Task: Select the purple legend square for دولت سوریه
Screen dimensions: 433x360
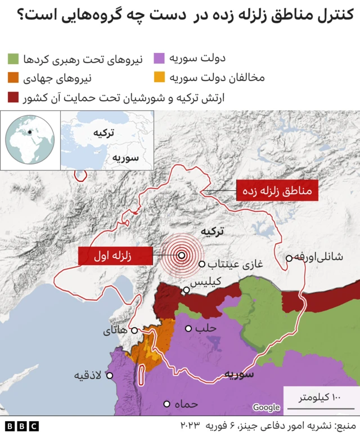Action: pyautogui.click(x=160, y=58)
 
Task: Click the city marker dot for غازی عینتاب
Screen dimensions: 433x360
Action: pyautogui.click(x=202, y=264)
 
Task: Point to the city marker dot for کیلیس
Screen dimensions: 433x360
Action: pyautogui.click(x=186, y=290)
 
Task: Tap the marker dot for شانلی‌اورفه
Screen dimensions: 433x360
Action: pyautogui.click(x=289, y=258)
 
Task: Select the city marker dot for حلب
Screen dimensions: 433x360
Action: pyautogui.click(x=189, y=328)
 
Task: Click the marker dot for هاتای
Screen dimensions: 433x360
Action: pyautogui.click(x=134, y=331)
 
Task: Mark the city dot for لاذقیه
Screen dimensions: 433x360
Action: pyautogui.click(x=110, y=376)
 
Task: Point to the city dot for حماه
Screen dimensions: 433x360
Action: pyautogui.click(x=167, y=404)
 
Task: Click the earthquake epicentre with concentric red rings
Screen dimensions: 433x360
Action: pyautogui.click(x=182, y=255)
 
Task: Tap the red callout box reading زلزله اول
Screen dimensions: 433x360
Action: pyautogui.click(x=115, y=256)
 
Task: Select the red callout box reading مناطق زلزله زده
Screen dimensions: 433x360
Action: pyautogui.click(x=277, y=190)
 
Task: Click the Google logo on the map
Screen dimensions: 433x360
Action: pyautogui.click(x=266, y=407)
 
